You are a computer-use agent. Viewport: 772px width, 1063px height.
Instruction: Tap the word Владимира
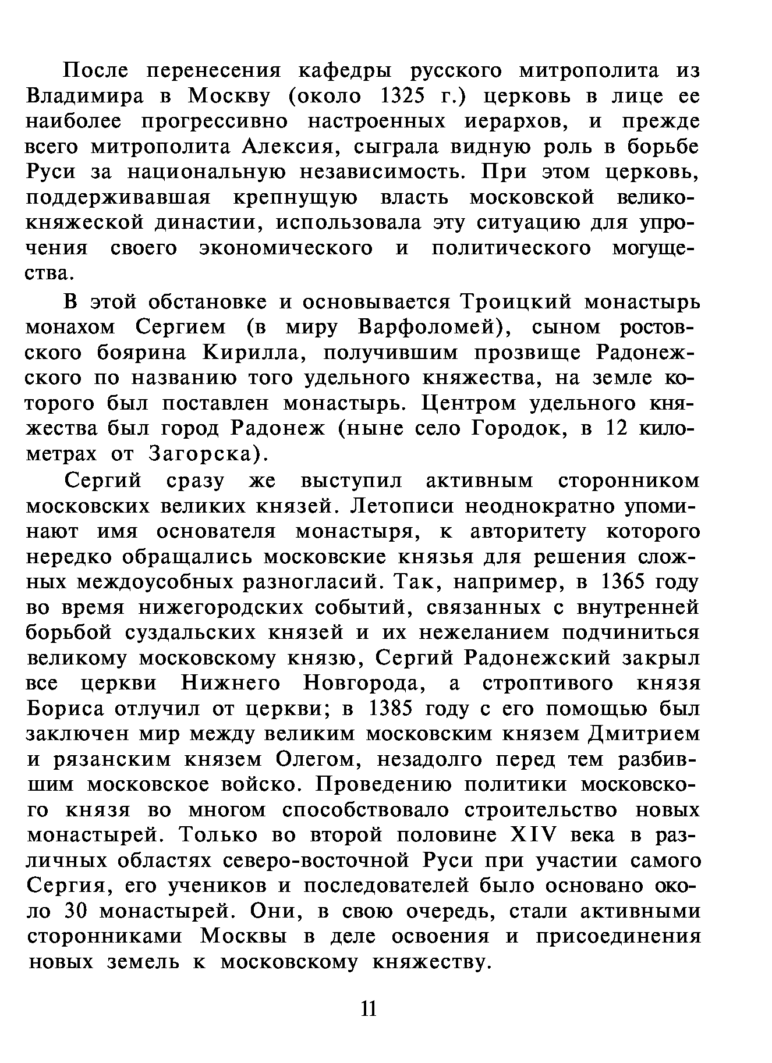click(x=85, y=96)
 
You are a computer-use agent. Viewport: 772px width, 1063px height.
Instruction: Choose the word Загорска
click(x=202, y=454)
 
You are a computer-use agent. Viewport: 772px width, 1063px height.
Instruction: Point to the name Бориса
click(x=65, y=709)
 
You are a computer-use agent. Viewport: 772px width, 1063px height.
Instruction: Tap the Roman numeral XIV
click(x=534, y=836)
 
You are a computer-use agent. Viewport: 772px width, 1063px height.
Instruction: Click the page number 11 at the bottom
click(x=369, y=1008)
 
